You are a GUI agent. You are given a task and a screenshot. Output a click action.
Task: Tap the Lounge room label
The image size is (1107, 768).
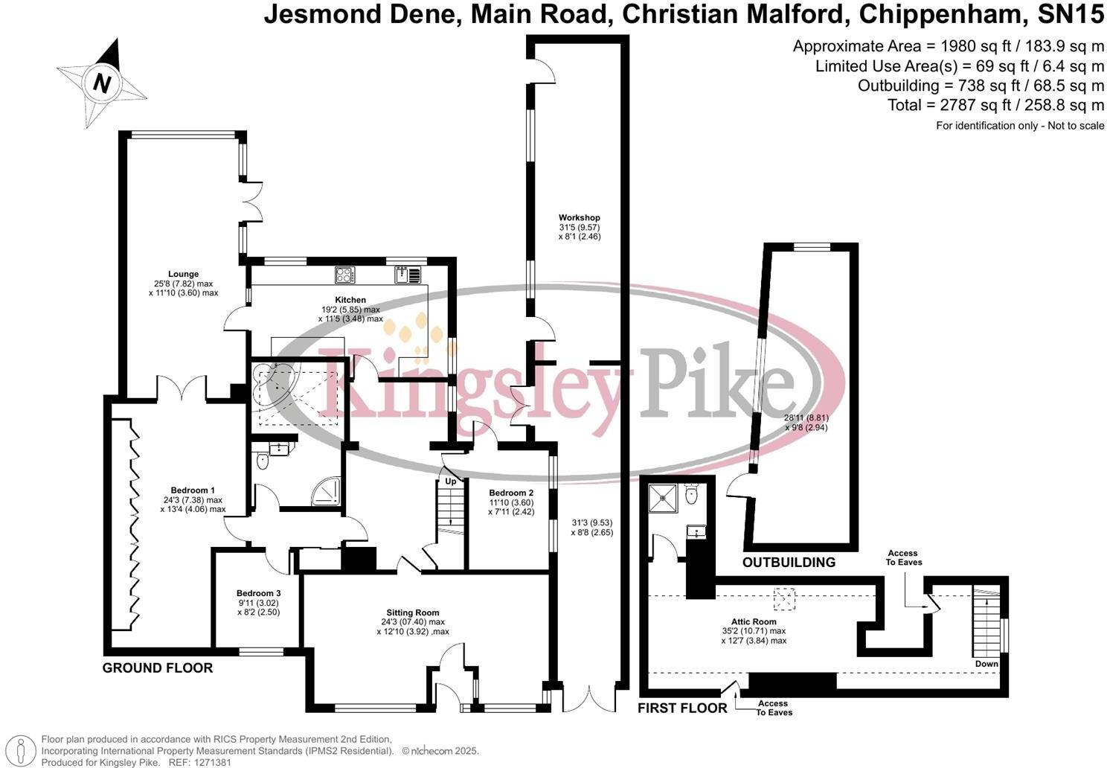coord(183,274)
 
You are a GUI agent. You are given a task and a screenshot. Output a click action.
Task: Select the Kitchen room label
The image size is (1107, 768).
coord(350,300)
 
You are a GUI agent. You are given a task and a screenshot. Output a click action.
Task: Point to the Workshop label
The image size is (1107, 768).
coord(579,218)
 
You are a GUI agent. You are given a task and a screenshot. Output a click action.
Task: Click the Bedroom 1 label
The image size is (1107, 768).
coord(193,490)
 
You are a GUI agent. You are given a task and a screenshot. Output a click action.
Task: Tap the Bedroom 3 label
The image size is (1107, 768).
coord(258,593)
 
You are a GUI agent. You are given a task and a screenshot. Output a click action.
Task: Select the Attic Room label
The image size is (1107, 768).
coord(754,621)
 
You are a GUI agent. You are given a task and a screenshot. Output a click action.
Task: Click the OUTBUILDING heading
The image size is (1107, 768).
coord(789,563)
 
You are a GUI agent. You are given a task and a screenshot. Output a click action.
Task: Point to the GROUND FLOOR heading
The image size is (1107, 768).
coord(158,668)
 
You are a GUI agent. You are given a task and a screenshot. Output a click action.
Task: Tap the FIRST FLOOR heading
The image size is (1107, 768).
coord(682,708)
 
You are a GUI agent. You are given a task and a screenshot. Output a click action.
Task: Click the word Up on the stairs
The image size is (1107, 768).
coord(451,481)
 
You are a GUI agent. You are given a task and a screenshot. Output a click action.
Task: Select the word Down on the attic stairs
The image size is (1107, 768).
coord(986,664)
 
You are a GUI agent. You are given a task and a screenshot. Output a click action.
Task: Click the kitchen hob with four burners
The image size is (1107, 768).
coord(344,275)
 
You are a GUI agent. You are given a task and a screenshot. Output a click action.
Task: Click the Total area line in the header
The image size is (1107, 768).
coord(995,105)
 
